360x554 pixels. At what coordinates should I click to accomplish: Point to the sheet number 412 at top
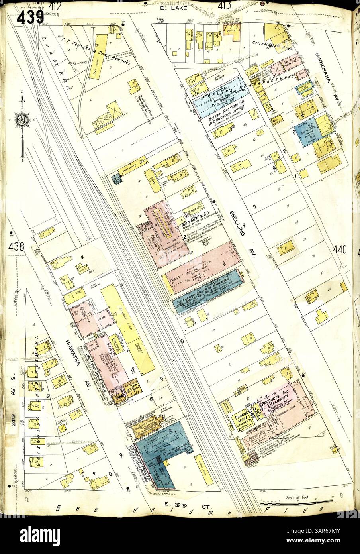[55, 6]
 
